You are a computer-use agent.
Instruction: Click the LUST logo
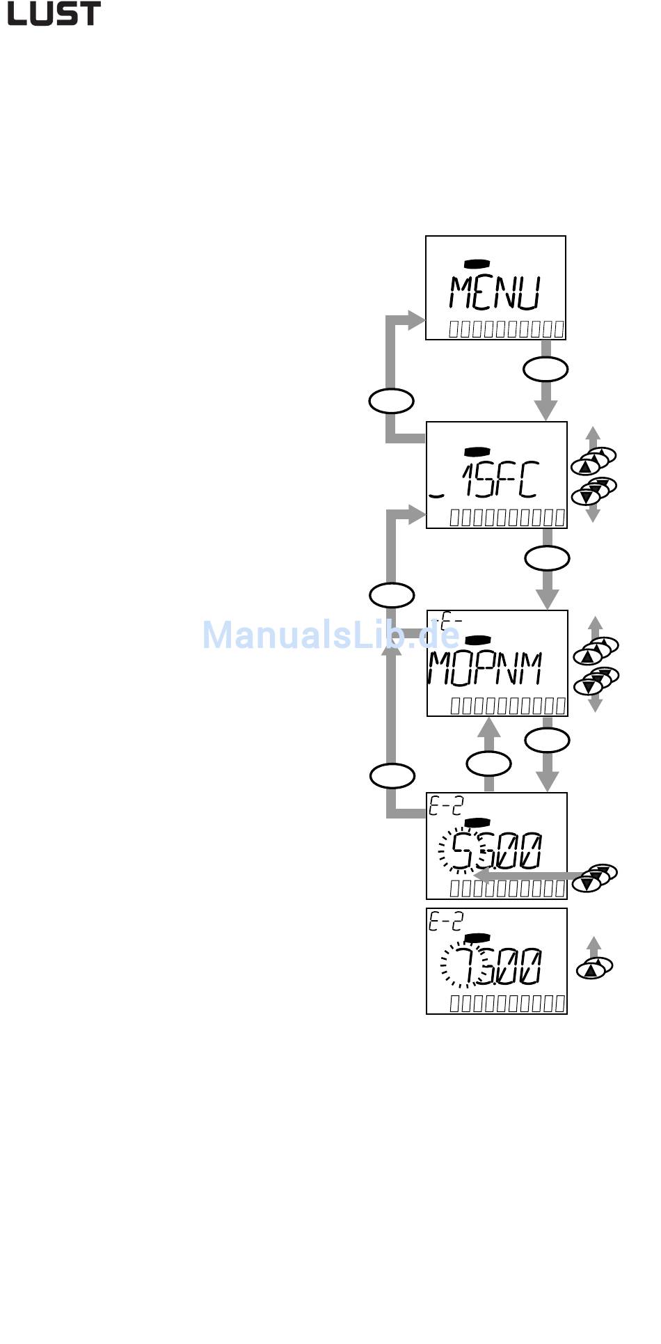[54, 13]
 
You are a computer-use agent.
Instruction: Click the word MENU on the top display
[495, 293]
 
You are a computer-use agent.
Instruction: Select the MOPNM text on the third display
[484, 669]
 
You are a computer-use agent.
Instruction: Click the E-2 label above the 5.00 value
[445, 805]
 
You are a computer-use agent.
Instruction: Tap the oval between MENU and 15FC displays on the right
[545, 370]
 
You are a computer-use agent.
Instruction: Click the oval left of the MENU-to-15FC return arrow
[391, 401]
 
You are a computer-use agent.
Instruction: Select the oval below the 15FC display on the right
[547, 558]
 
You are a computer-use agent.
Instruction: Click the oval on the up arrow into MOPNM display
[488, 764]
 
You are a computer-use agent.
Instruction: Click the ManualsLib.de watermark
[330, 635]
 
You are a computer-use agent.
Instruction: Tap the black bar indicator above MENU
[477, 263]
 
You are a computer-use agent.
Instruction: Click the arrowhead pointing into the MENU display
[417, 321]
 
